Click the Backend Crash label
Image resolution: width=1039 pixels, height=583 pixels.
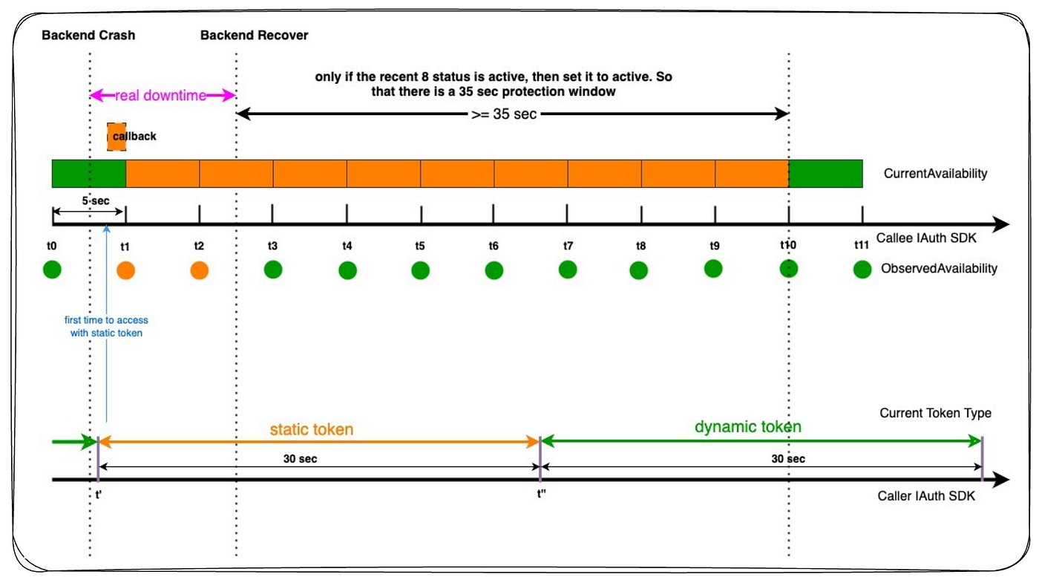[88, 36]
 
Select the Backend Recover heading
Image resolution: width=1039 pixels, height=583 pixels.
[254, 36]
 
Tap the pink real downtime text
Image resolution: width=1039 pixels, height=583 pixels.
[160, 96]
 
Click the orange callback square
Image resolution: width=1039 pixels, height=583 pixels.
[117, 137]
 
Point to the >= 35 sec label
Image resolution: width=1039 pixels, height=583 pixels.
[504, 114]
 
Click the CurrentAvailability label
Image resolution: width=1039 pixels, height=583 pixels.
[935, 174]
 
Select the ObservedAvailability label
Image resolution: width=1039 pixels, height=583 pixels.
[939, 268]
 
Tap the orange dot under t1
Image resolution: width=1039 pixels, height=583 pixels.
[125, 270]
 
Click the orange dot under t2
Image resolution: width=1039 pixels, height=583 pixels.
[200, 270]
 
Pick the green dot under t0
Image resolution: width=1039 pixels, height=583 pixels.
[52, 269]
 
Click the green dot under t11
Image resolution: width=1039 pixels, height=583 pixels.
[862, 269]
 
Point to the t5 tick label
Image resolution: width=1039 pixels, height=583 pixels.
[420, 246]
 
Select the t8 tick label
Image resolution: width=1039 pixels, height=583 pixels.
[640, 246]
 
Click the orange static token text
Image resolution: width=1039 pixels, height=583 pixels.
[312, 429]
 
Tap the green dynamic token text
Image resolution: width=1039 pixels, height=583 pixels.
[748, 426]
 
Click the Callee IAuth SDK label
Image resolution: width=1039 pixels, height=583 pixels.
[926, 238]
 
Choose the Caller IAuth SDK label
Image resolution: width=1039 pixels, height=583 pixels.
[926, 496]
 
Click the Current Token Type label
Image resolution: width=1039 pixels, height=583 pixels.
[935, 413]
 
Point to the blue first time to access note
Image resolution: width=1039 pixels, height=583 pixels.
[106, 326]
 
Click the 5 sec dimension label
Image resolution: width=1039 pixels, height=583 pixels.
[96, 201]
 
